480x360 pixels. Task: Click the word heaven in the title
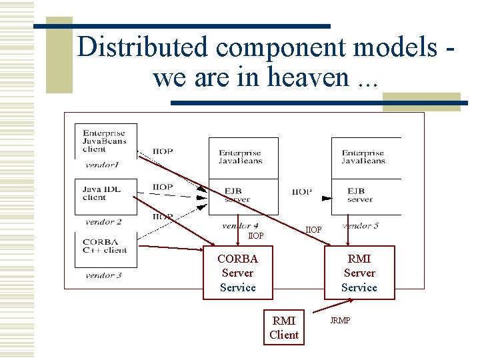click(309, 77)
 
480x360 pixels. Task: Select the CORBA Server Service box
click(238, 273)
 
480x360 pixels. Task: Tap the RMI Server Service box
click(359, 273)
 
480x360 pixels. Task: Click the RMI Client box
click(284, 327)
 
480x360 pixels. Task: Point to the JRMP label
click(340, 321)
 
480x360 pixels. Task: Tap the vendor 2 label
click(103, 222)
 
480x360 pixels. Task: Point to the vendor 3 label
click(103, 275)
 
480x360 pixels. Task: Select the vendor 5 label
click(361, 225)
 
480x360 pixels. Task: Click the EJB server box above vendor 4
click(243, 196)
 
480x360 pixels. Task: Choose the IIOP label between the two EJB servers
click(302, 192)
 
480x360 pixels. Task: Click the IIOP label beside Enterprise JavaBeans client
click(163, 151)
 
